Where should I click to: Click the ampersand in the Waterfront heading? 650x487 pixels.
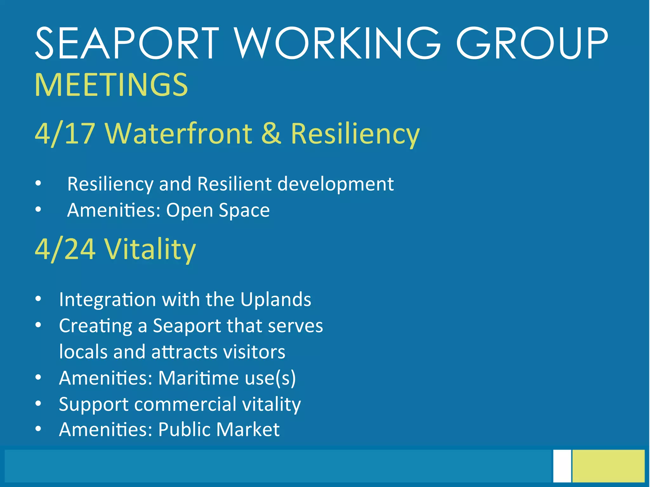(x=271, y=133)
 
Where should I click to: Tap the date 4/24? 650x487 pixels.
(x=65, y=249)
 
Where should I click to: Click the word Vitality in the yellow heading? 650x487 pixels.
(x=150, y=249)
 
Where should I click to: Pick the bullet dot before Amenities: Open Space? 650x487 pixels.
(x=38, y=210)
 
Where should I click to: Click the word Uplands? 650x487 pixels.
(x=275, y=299)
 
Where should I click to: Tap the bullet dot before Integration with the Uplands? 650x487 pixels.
(x=38, y=299)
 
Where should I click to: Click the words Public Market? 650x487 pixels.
(x=219, y=430)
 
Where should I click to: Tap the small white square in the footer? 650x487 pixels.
(x=562, y=466)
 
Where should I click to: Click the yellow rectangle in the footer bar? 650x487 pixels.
(x=608, y=466)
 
